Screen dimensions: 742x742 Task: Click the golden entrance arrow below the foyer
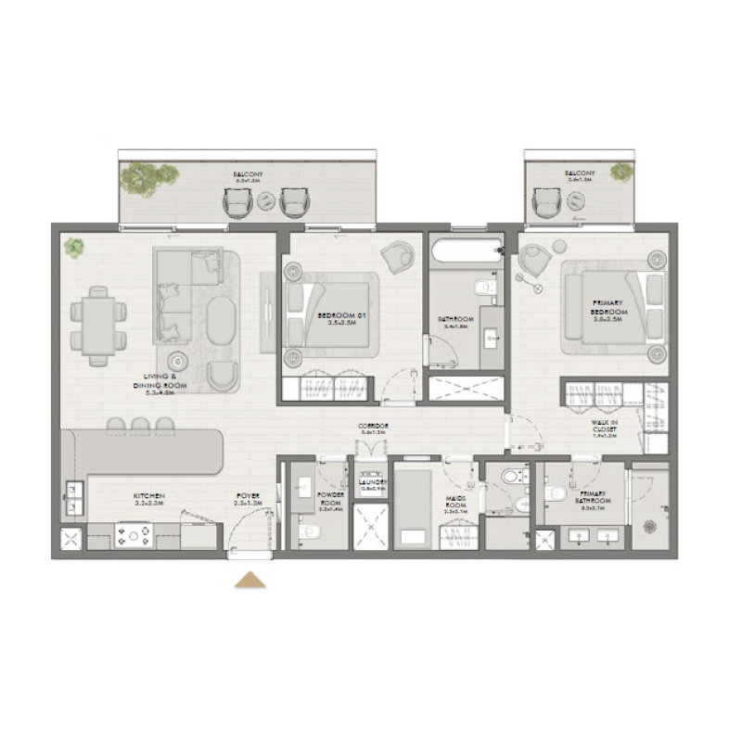(x=249, y=581)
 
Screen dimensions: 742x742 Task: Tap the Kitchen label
(x=148, y=500)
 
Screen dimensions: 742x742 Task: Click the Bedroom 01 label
(x=337, y=320)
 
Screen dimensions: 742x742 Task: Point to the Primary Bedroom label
(x=607, y=308)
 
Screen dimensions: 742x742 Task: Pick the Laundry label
(x=373, y=486)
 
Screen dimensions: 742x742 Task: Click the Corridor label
(x=374, y=429)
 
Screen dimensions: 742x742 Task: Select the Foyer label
(x=248, y=500)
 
